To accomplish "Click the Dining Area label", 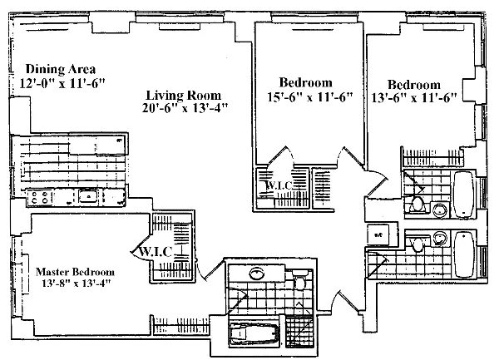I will pyautogui.click(x=61, y=69).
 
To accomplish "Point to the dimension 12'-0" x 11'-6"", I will pyautogui.click(x=61, y=83).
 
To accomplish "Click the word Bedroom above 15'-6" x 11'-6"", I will pyautogui.click(x=305, y=82).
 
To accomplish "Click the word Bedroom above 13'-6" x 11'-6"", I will pyautogui.click(x=413, y=84).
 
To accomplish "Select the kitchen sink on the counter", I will pyautogui.click(x=86, y=197).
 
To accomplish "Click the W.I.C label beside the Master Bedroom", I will pyautogui.click(x=156, y=251).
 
